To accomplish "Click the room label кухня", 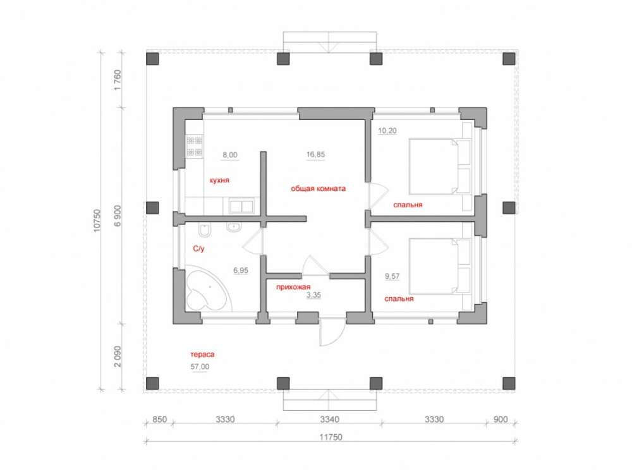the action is coord(219,180).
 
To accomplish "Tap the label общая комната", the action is coord(318,188).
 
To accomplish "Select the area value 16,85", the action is coord(315,154).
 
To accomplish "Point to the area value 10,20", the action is coord(387,131).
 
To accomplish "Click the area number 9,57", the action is coord(392,276).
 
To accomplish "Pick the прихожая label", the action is coord(293,287).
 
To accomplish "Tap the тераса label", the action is coord(202,355).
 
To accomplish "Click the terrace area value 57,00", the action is coord(200,367).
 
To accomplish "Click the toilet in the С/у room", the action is coord(205,230).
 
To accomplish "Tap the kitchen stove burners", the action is coord(194,147).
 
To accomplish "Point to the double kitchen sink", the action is coord(241,206).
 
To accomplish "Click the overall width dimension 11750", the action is coord(331,437).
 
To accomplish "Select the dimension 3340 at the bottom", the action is coord(329,419).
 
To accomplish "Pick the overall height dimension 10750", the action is coord(97,221).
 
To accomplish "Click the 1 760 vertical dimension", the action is coord(118,80).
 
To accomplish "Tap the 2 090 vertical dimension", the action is coord(118,356).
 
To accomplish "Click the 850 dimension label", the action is coord(160,419).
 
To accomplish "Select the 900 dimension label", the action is coord(501,419).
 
